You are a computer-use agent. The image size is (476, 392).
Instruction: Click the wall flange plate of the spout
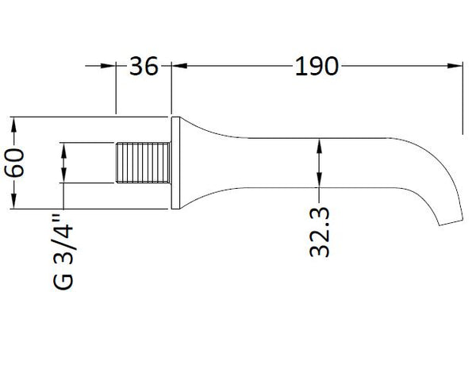coord(176,163)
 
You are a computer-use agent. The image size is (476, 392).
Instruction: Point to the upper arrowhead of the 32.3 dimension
coord(320,144)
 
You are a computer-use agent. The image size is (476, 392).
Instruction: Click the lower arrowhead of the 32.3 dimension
coord(320,182)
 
